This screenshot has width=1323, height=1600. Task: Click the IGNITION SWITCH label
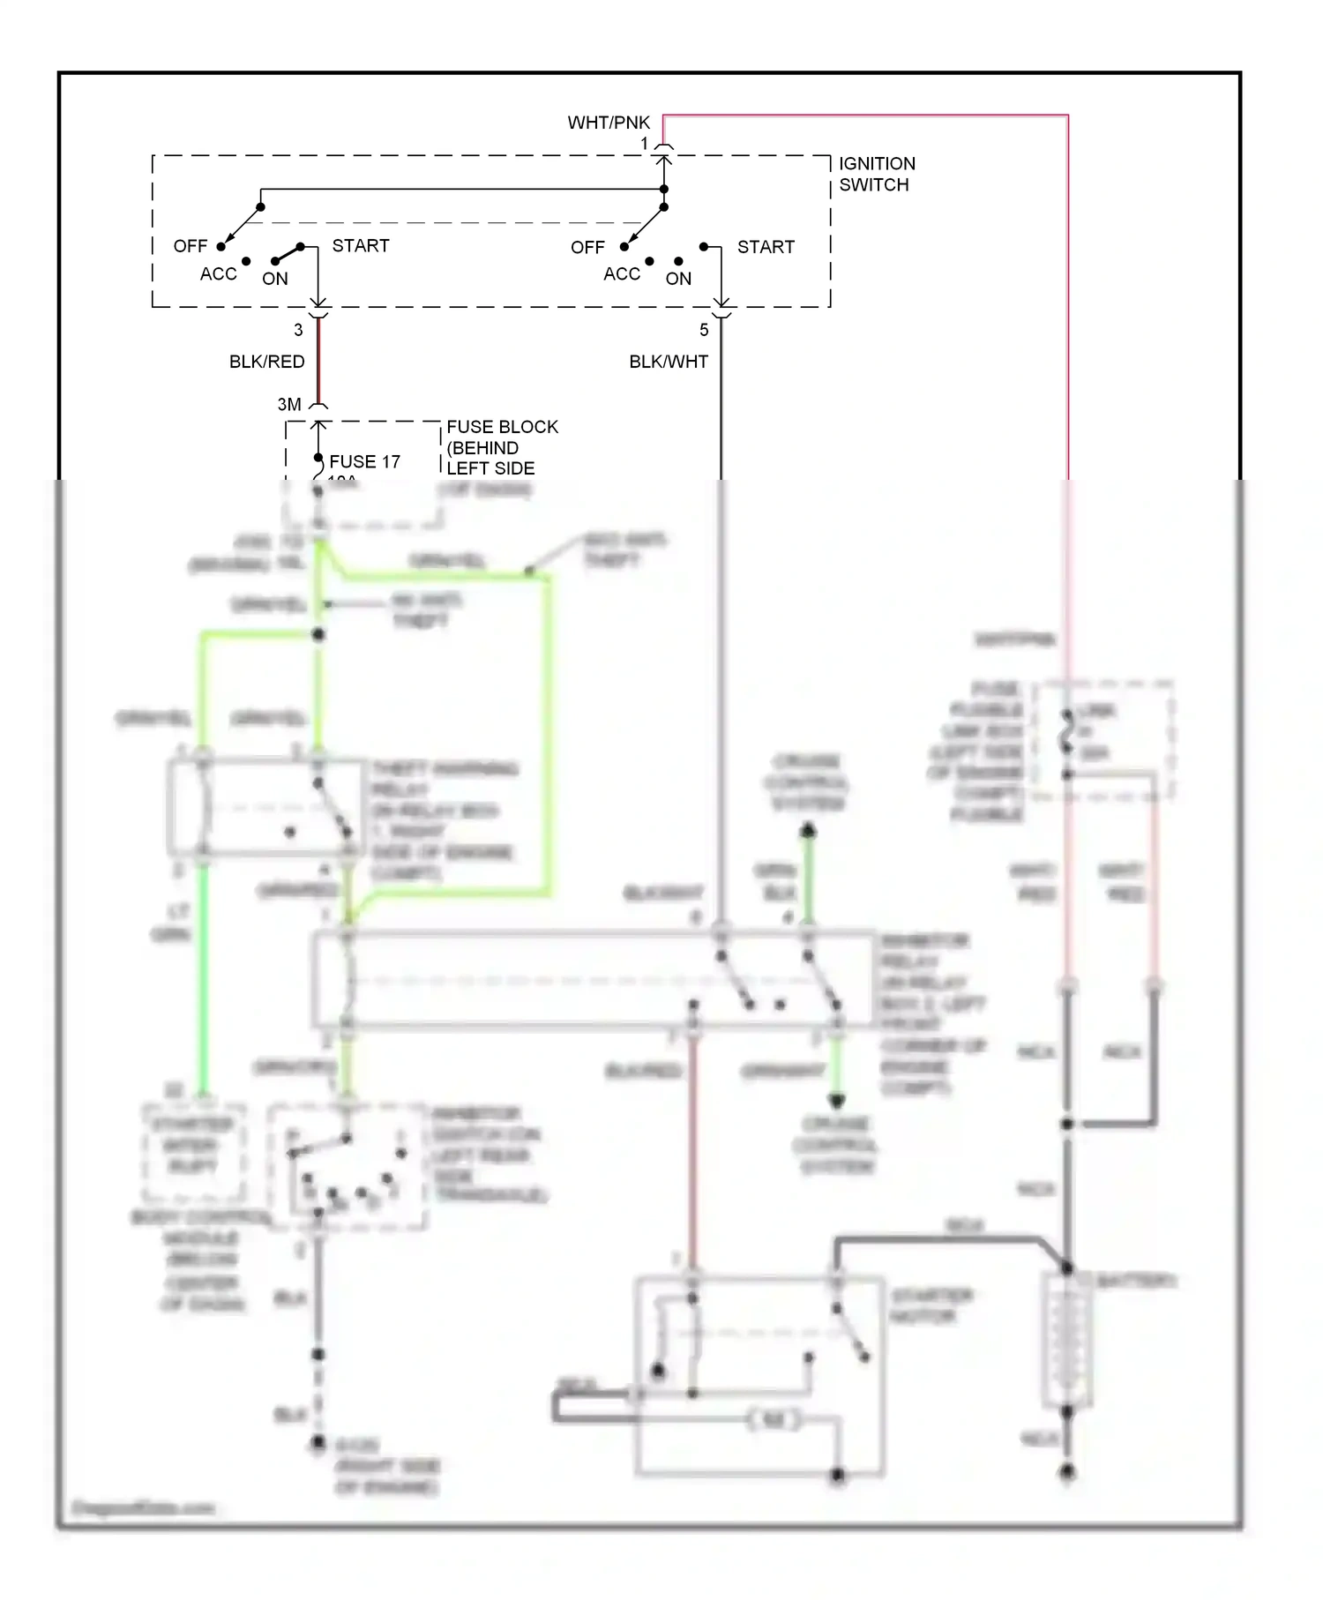coord(876,174)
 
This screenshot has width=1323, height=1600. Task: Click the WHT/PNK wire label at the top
coord(609,123)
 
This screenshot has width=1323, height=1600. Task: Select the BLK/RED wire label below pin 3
coord(266,362)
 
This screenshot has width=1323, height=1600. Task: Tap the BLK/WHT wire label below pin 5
coord(668,362)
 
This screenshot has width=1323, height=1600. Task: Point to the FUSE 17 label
coord(364,461)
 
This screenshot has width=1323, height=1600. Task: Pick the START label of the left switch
coord(360,245)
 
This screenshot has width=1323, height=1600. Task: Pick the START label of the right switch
coord(766,247)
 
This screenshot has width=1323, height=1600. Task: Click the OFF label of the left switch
coord(190,246)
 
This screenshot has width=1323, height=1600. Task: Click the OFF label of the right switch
coord(587,248)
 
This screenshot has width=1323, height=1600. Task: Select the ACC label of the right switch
coord(621,274)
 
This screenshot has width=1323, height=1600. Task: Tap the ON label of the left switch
coord(274,279)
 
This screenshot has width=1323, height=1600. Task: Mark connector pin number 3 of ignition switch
coord(298,330)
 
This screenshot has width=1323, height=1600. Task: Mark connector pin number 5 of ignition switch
coord(704,330)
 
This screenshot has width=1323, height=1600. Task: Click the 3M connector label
coord(289,404)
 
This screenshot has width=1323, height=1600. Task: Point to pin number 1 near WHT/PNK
coord(644,143)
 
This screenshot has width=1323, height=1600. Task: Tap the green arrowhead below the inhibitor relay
coord(836,1100)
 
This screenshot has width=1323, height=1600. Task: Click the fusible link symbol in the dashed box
coord(1067,733)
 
